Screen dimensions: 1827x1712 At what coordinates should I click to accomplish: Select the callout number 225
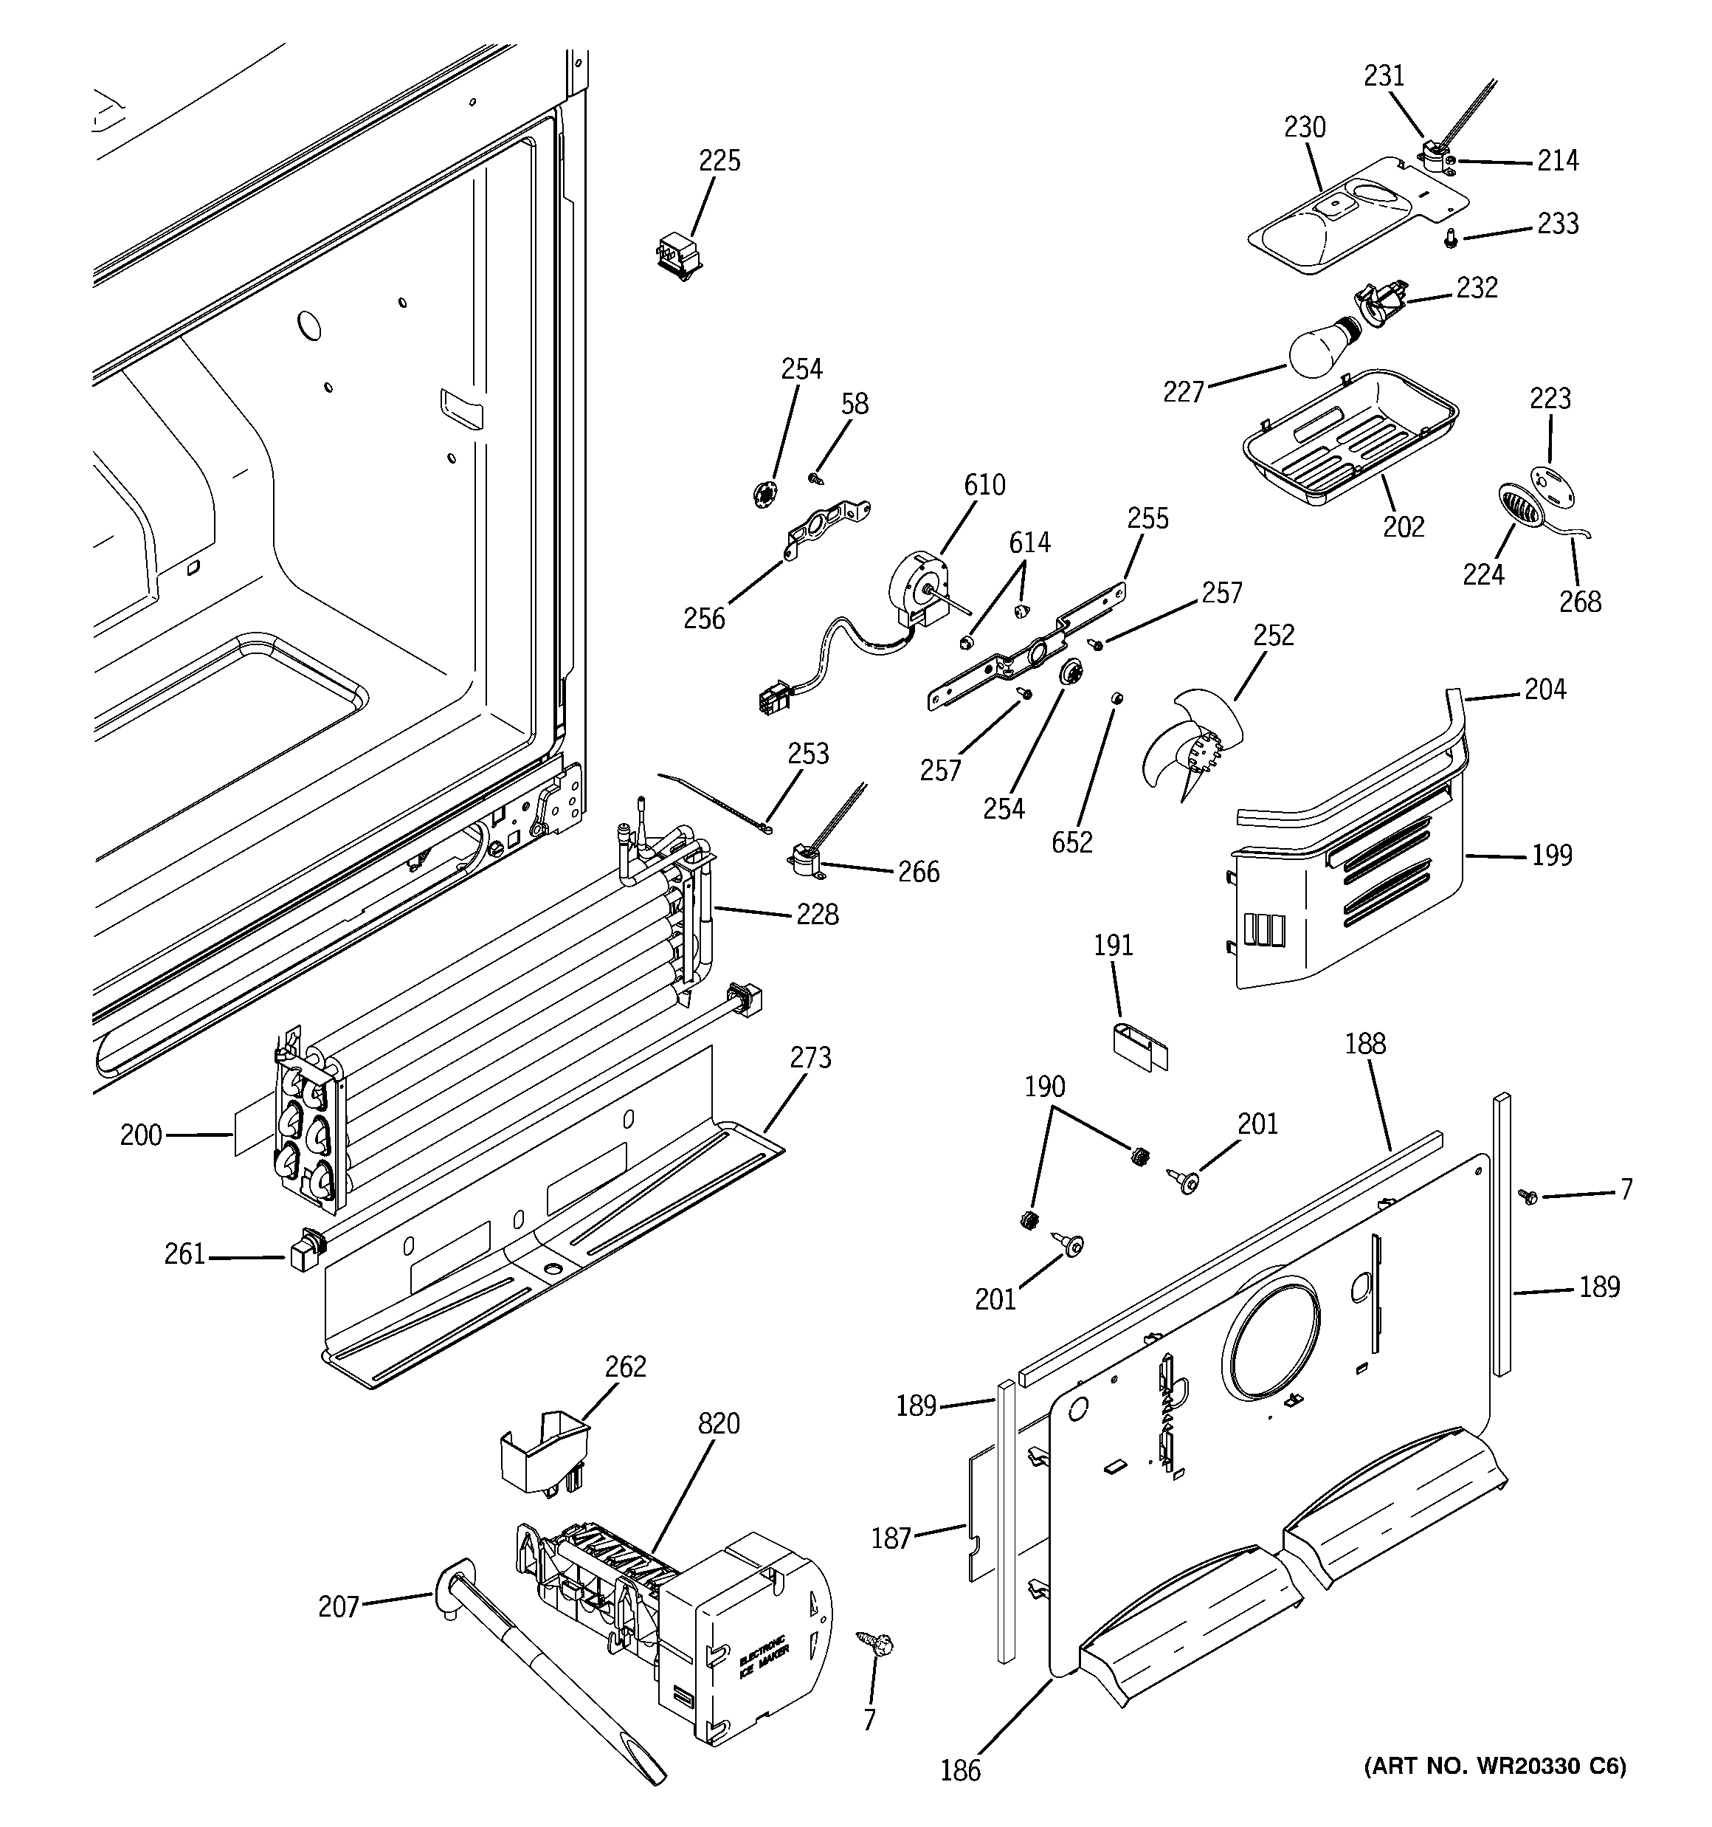click(x=719, y=161)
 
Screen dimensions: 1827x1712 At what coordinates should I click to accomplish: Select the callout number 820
click(x=718, y=1423)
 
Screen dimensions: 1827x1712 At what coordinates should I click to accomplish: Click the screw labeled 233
click(x=1450, y=238)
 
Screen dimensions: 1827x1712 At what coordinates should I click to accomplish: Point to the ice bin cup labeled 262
click(x=543, y=1456)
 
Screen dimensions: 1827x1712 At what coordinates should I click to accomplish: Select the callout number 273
click(x=810, y=1058)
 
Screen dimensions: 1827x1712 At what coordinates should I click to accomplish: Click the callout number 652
click(x=1071, y=842)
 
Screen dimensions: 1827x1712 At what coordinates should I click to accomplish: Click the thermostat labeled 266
click(x=806, y=859)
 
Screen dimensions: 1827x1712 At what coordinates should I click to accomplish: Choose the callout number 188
click(x=1364, y=1044)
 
